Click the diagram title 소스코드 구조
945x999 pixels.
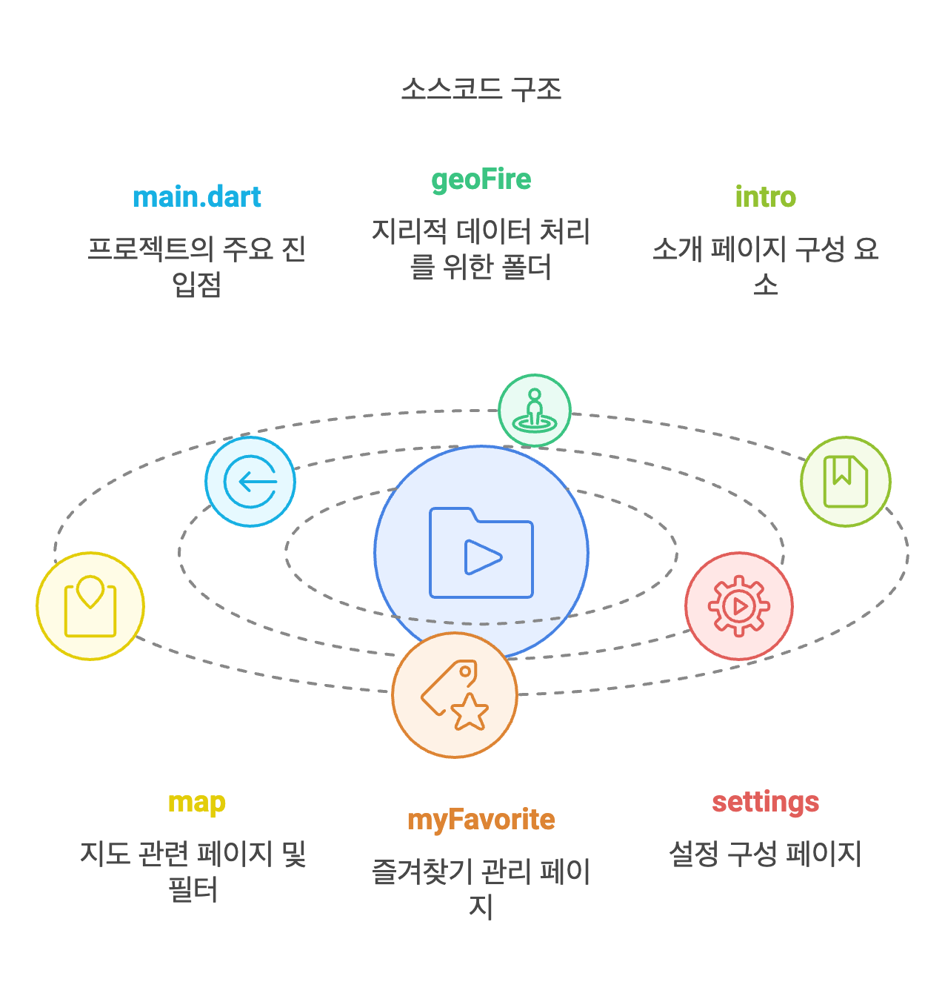481,89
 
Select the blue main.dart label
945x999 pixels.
197,197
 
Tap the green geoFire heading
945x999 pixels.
481,179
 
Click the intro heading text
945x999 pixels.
765,197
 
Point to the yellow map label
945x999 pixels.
196,803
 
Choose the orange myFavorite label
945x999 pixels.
481,820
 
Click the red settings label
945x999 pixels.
765,802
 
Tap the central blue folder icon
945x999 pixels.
481,552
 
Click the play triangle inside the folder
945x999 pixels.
482,557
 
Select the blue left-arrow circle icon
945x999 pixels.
250,482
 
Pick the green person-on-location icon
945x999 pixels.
534,411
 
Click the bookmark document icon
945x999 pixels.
845,482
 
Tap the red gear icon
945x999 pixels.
738,606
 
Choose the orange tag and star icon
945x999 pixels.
455,695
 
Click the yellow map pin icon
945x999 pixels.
90,606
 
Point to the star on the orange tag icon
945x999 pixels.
470,712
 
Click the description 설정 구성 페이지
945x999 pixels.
765,854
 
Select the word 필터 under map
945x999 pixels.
193,889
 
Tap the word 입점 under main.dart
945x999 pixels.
197,285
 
